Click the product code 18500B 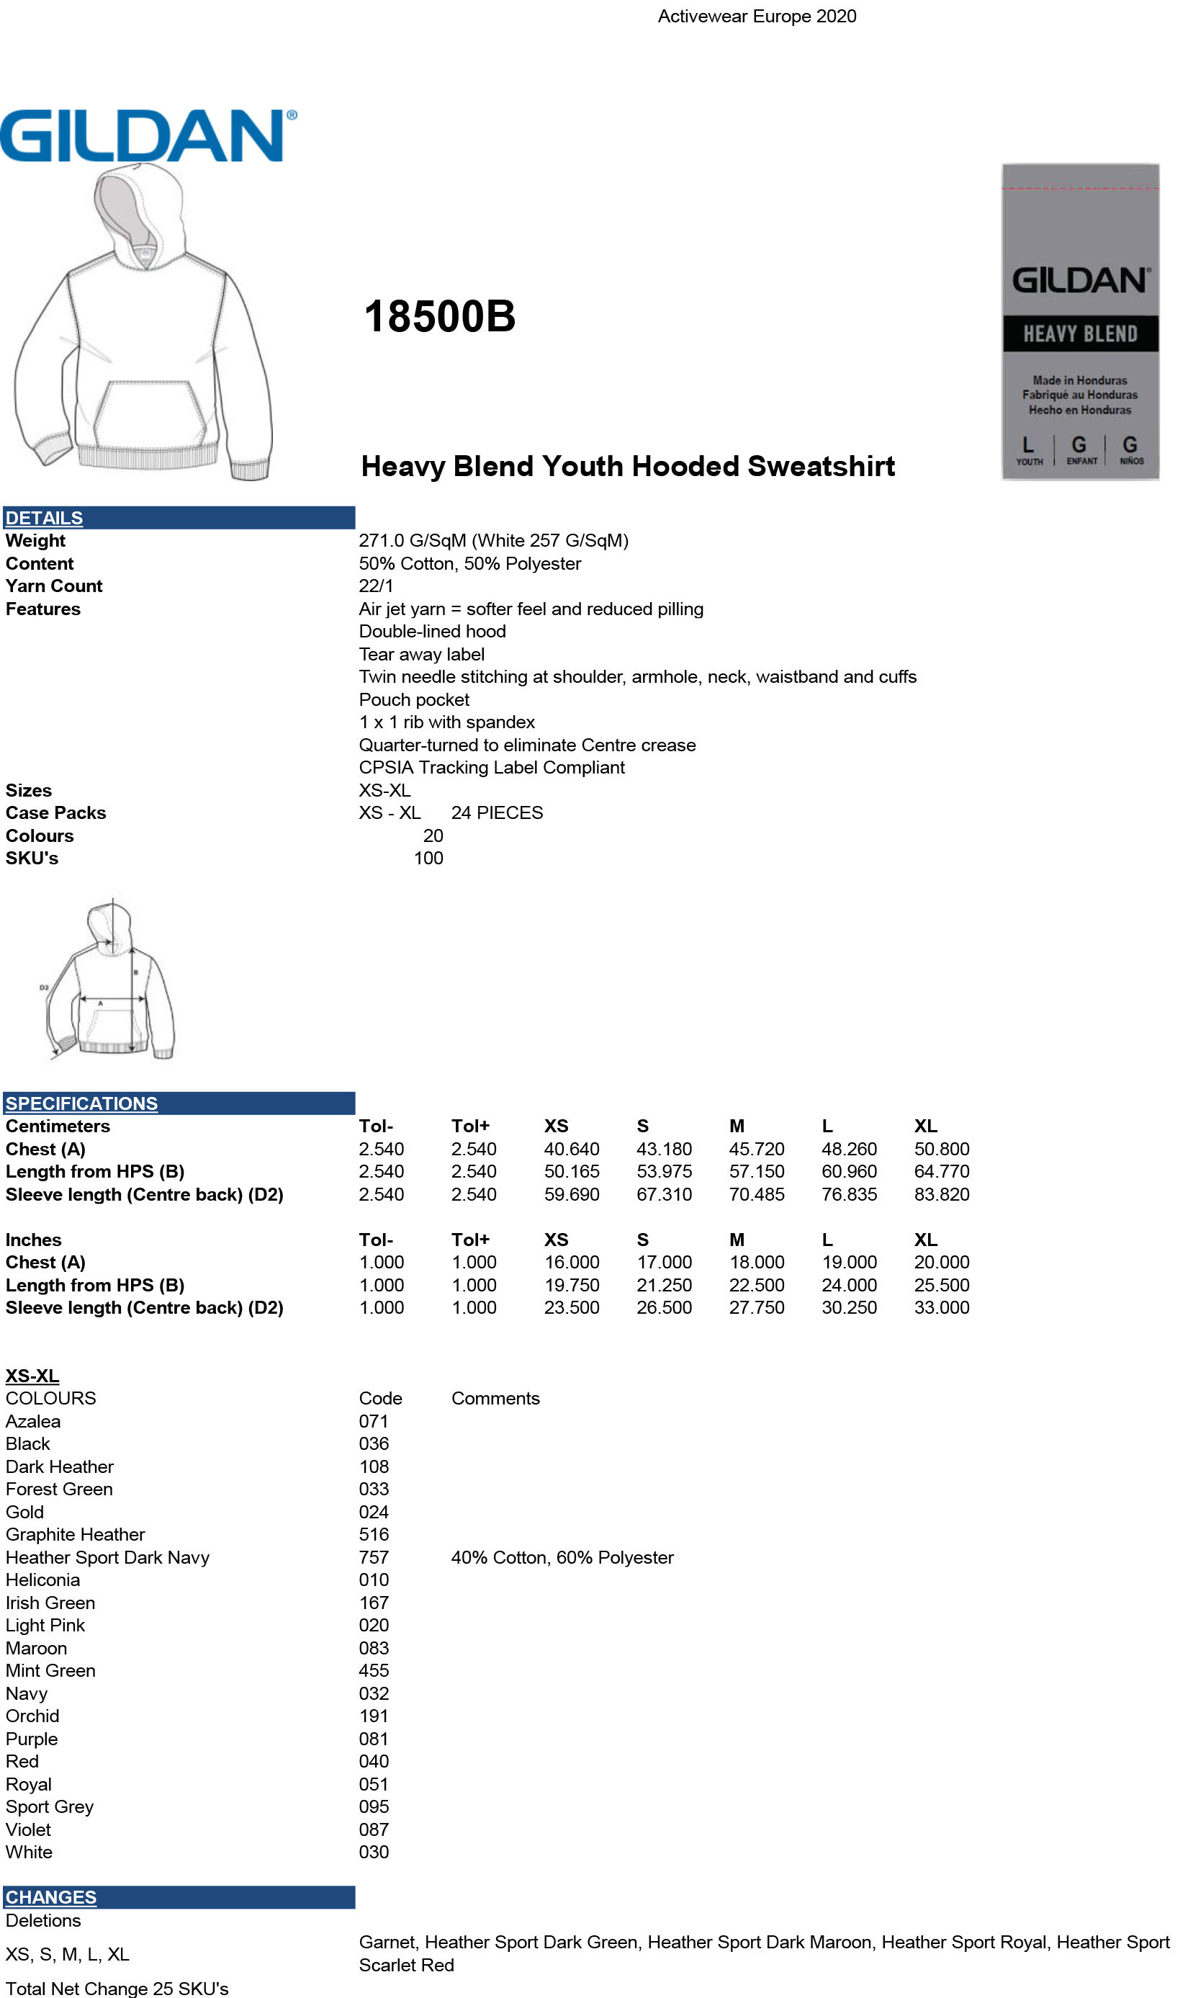438,316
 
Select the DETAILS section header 44,518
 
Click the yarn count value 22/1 375,586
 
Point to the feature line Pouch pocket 413,700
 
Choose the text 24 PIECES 496,813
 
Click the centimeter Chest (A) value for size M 756,1149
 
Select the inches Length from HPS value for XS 571,1285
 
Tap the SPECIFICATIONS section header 81,1103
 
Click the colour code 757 373,1557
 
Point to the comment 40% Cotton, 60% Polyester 562,1557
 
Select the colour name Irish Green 50,1603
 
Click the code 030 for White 373,1853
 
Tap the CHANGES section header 50,1897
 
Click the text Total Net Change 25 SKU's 117,1989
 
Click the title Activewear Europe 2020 757,16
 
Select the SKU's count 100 428,859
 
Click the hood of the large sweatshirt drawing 132,208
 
